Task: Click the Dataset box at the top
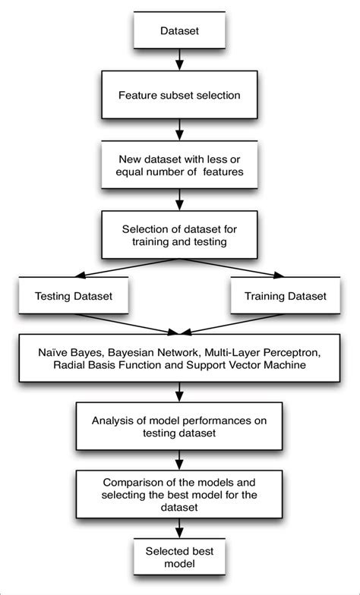pos(179,32)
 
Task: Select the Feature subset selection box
pos(179,96)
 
